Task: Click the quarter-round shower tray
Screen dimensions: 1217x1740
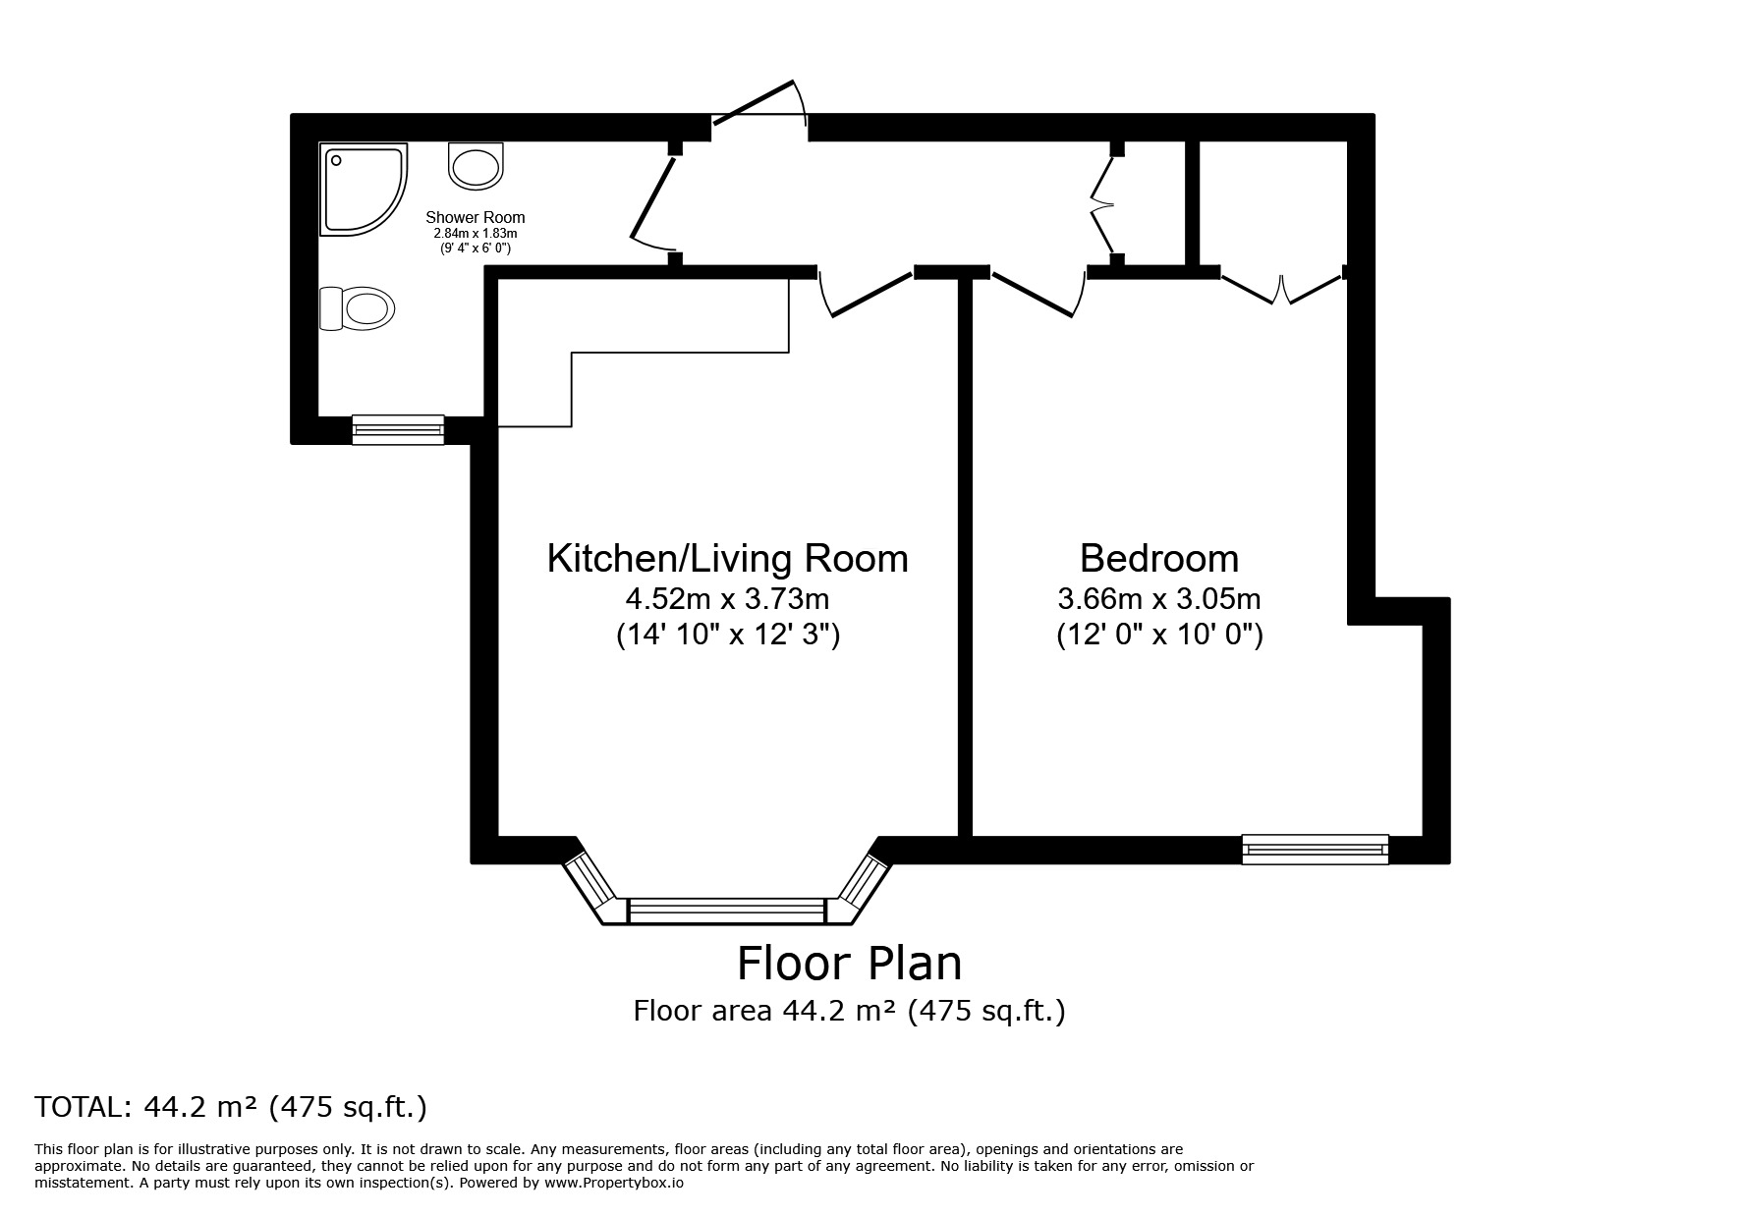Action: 360,190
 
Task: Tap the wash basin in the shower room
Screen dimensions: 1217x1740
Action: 476,164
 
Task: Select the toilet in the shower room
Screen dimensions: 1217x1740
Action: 357,308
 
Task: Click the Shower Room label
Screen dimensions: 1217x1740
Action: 475,217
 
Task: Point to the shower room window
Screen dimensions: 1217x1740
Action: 398,429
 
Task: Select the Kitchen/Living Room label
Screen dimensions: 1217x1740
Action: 727,558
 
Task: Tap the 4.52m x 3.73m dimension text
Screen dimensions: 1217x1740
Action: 727,598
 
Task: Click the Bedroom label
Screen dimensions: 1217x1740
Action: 1158,558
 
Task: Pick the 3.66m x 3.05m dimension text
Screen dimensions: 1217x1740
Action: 1158,598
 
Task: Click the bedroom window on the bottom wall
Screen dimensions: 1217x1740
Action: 1315,849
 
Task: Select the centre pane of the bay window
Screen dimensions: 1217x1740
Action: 726,911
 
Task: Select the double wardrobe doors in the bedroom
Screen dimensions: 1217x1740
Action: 1282,289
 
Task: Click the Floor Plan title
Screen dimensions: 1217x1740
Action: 849,964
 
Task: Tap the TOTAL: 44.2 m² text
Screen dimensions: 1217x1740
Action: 231,1107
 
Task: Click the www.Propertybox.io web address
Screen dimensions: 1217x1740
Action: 613,1184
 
